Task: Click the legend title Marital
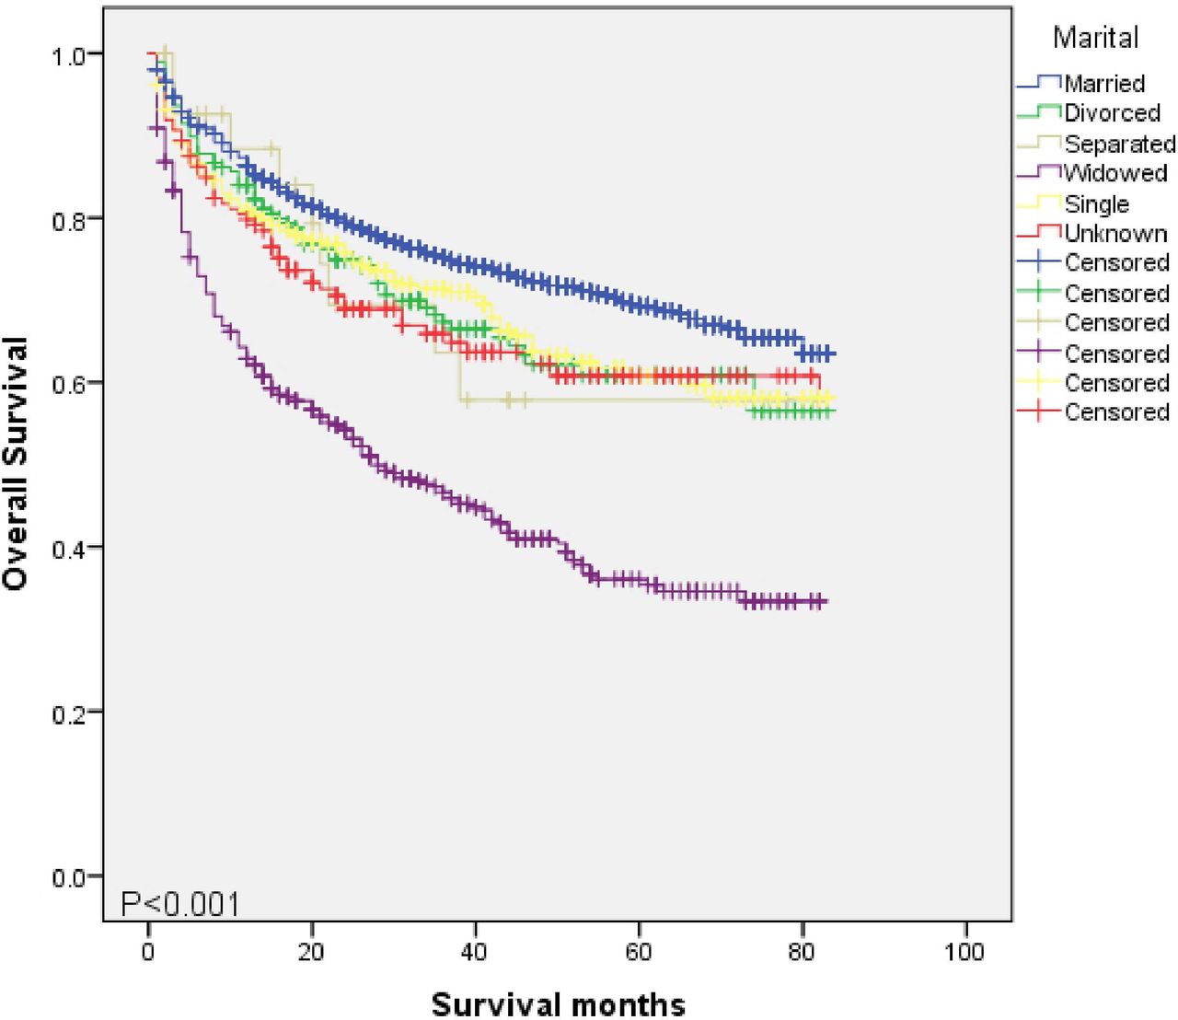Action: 1095,38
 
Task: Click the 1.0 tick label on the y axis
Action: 68,55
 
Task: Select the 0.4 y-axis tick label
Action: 68,548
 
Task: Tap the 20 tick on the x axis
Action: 311,951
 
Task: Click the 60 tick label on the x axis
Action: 639,951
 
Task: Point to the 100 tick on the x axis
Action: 964,951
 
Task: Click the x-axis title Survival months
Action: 558,1003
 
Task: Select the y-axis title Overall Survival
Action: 17,463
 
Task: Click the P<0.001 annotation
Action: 180,904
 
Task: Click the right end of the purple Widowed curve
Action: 826,601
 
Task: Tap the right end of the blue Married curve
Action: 834,354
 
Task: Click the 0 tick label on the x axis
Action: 148,951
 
